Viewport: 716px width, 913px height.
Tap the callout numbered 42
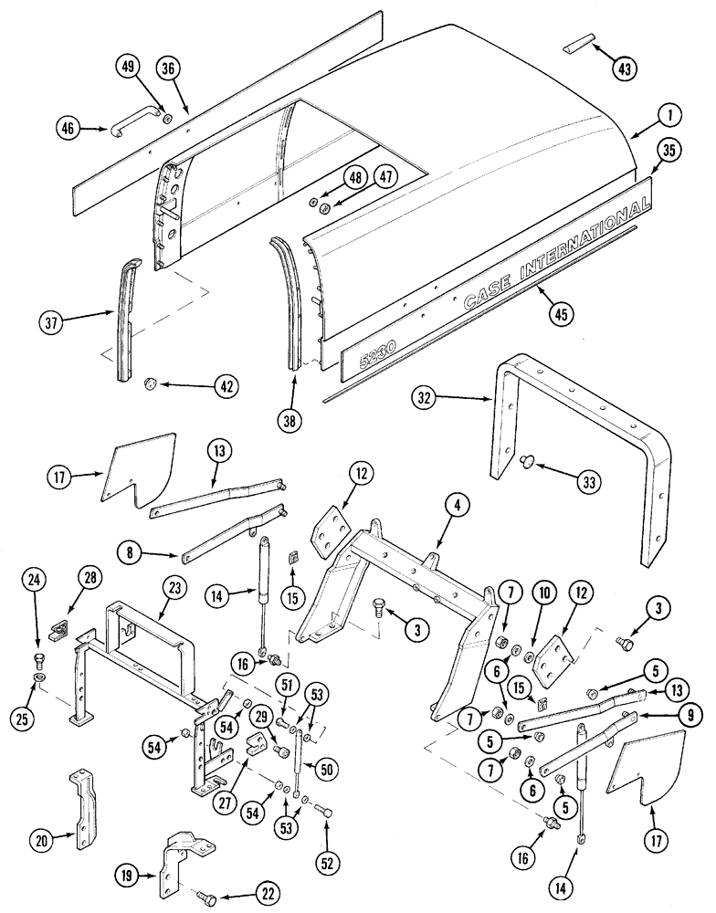[x=221, y=386]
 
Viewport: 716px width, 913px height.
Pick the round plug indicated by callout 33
[x=525, y=464]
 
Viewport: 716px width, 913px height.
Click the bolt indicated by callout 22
[x=210, y=900]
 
